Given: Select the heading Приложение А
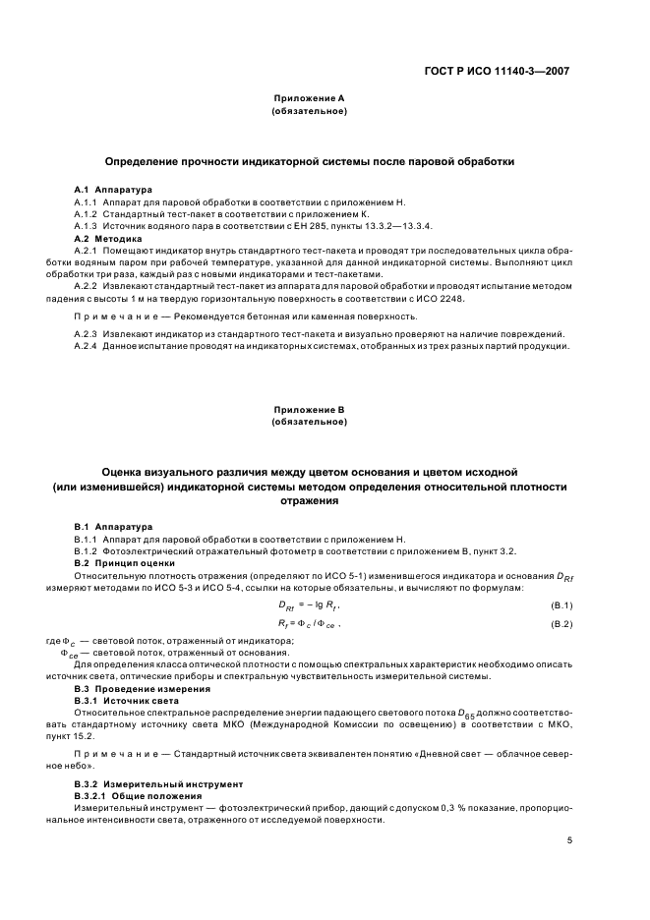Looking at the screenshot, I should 309,99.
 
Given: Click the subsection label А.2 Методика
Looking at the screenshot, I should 108,238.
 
